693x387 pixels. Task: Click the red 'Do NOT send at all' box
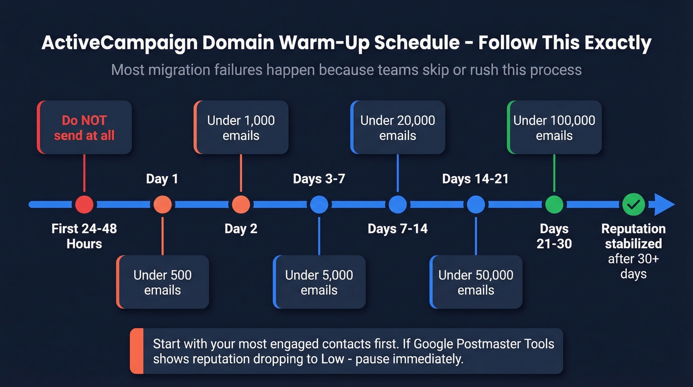(84, 127)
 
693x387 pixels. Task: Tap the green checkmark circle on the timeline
(633, 204)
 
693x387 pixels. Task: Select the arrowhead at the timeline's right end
(664, 204)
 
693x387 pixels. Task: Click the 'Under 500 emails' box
(162, 282)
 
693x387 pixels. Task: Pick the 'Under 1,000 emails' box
(241, 127)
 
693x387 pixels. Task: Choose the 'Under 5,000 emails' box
(319, 282)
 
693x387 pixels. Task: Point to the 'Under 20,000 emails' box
(397, 127)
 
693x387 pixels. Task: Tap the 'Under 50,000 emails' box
(476, 282)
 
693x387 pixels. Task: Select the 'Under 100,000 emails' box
(554, 127)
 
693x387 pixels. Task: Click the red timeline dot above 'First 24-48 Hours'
(84, 204)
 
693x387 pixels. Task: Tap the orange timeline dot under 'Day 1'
(162, 204)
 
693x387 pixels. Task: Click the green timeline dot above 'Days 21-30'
(554, 204)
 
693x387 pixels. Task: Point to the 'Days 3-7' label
(319, 179)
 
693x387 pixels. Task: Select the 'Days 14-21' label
(475, 179)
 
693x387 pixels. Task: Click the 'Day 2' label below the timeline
(241, 228)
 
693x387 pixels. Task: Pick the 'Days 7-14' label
(397, 228)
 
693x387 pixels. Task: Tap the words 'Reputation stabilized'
(633, 236)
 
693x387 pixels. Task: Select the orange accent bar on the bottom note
(137, 351)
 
